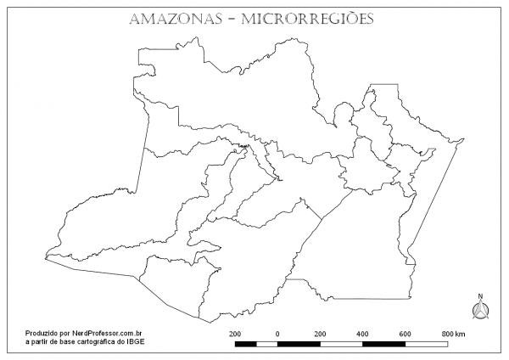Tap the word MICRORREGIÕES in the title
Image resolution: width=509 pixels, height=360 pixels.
coord(310,19)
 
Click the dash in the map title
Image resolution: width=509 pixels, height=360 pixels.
coord(232,20)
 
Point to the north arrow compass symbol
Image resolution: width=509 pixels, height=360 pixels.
coord(480,312)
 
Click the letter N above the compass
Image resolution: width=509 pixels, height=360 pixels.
coord(480,296)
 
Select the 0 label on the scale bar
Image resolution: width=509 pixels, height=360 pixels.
coord(277,335)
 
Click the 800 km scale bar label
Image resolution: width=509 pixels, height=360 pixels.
coord(452,335)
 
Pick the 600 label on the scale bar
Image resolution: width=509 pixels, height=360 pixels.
coord(406,335)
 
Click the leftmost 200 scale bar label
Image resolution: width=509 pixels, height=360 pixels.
coord(236,335)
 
